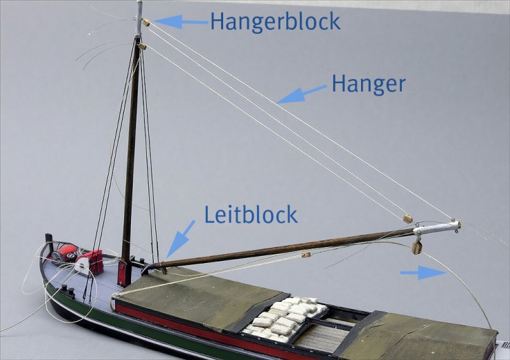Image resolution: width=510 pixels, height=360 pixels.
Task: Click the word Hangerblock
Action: (275, 21)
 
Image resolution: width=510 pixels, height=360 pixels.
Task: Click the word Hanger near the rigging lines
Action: (368, 84)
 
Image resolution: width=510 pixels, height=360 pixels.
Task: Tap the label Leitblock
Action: (251, 214)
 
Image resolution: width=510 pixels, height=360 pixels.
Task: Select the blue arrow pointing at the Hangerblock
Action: (179, 22)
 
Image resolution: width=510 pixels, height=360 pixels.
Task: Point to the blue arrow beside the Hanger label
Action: (302, 94)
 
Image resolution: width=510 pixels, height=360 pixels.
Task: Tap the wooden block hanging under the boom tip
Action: (417, 247)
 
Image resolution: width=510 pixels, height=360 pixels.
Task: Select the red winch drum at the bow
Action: (67, 254)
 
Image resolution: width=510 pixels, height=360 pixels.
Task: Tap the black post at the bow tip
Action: (49, 242)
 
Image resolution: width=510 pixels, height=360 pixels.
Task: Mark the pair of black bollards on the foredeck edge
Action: (67, 289)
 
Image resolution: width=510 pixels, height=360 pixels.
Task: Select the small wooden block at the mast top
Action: (146, 22)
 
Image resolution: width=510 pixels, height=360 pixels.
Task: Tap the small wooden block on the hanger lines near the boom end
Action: (407, 219)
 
